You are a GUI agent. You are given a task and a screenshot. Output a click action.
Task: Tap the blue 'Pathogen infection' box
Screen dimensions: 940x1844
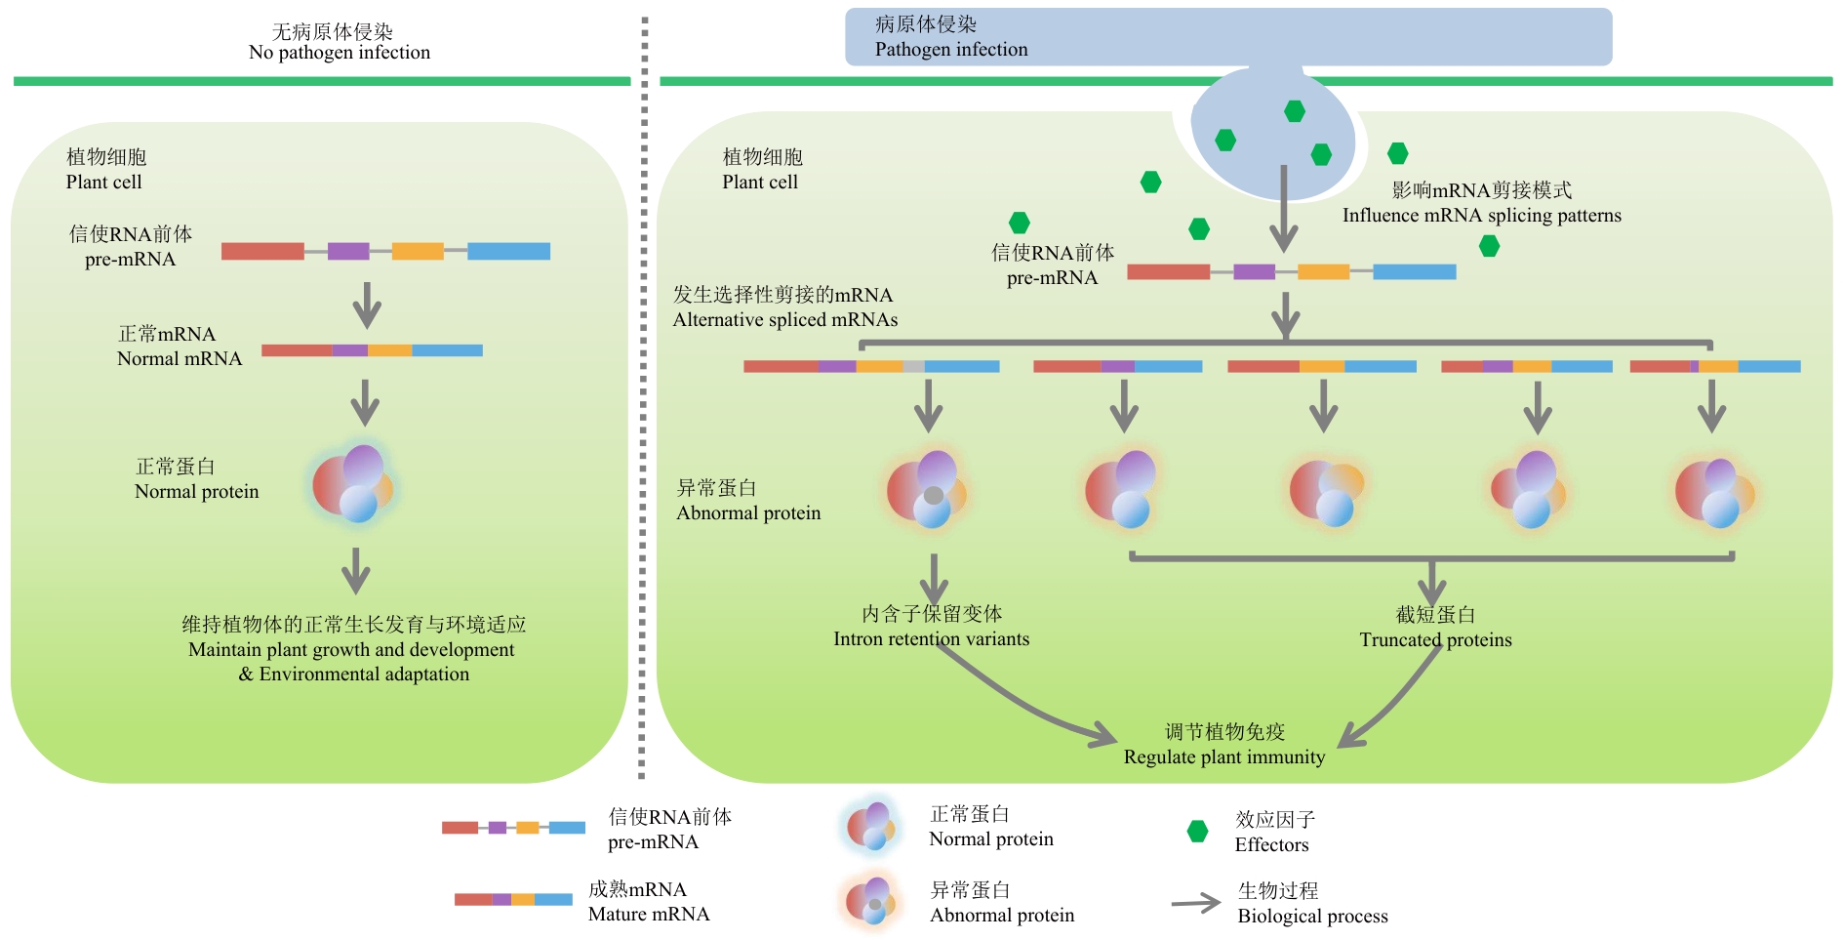(1227, 37)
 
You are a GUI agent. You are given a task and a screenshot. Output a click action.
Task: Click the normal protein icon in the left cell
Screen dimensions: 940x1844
(353, 483)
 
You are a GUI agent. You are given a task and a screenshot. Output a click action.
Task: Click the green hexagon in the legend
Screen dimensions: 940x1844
(1197, 832)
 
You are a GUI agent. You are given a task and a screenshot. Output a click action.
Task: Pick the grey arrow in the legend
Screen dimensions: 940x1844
(1195, 903)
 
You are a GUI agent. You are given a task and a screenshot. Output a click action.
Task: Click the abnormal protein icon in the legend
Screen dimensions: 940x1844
(869, 901)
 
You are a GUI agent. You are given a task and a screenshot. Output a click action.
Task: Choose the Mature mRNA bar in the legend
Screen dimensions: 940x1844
(513, 899)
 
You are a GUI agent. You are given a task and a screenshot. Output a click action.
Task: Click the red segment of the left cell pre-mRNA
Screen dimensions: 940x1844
(262, 252)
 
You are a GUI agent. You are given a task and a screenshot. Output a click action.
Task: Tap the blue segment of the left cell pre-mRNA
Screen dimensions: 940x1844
(508, 252)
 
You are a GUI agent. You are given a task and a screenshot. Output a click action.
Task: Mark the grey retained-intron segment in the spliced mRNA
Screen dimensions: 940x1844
(913, 367)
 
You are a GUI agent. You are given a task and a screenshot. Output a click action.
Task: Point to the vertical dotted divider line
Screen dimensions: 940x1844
(643, 390)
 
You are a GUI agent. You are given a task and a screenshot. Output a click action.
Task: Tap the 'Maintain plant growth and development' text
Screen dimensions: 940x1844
(351, 649)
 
